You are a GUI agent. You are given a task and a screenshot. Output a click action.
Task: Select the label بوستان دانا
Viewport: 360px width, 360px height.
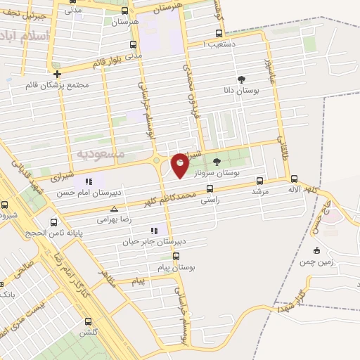[x=242, y=91]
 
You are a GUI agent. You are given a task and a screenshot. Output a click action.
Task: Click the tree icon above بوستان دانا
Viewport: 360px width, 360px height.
[x=242, y=79]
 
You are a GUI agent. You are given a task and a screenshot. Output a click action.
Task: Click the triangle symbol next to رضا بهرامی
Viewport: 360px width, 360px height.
[x=115, y=209]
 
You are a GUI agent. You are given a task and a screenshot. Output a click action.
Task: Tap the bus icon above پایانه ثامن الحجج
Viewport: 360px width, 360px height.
[x=51, y=218]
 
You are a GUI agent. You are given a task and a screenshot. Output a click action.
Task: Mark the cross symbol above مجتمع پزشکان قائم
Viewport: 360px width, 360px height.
[x=57, y=73]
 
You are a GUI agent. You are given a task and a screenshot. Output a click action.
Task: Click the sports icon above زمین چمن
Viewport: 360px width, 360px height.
[x=316, y=250]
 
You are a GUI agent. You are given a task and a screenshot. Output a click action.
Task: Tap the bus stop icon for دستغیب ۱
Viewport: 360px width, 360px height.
[x=219, y=33]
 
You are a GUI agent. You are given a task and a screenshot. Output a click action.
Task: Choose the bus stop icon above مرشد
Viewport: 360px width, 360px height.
[x=260, y=181]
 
